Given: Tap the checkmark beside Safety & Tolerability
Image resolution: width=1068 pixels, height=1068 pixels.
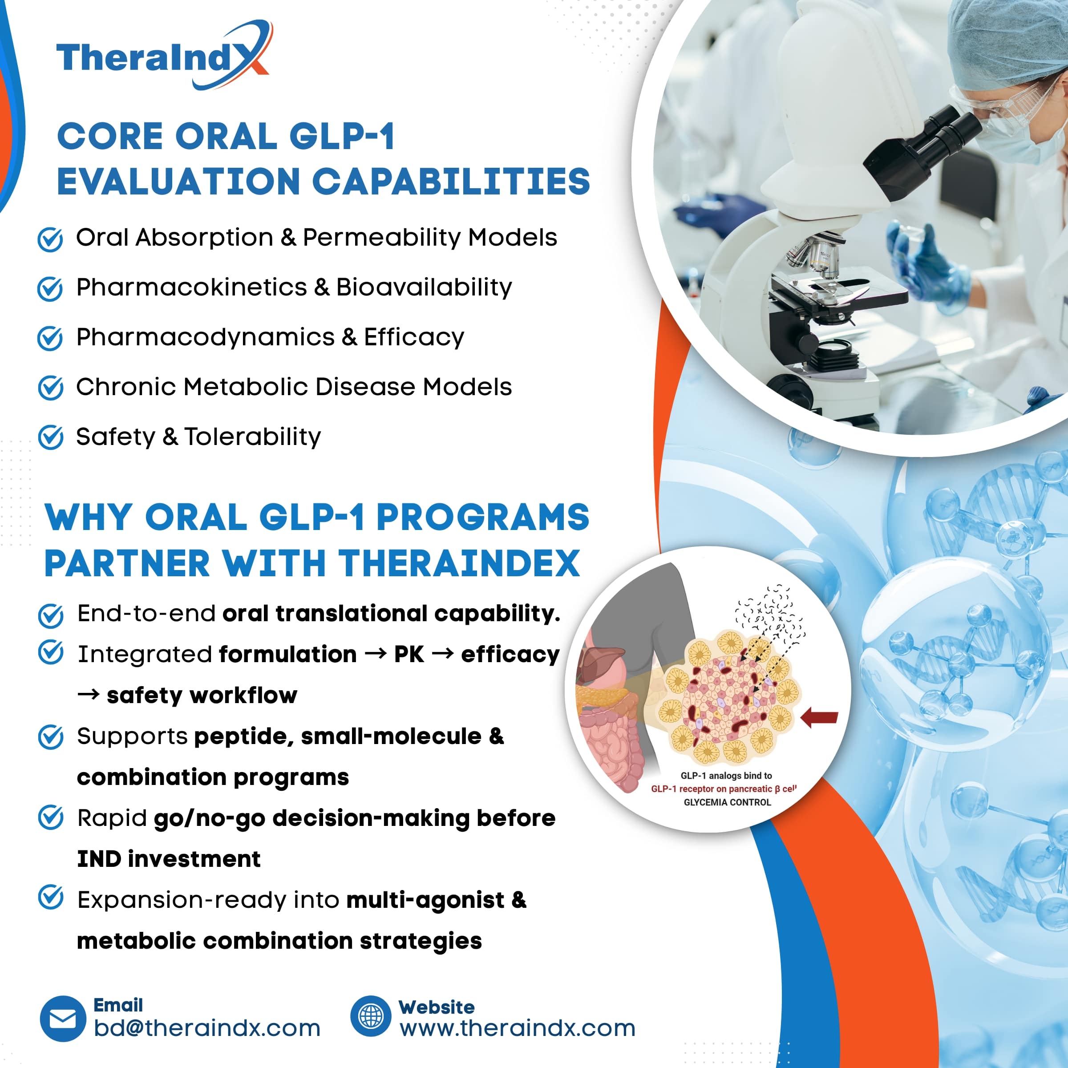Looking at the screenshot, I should [50, 437].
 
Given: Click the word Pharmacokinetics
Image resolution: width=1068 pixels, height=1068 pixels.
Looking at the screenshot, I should [191, 287].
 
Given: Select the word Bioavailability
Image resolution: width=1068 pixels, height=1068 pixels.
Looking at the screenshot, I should [424, 287].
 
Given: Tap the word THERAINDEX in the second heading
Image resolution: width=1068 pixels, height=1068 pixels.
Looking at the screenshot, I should [459, 563].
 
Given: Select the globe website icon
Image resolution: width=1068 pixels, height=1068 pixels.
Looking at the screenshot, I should [370, 1016].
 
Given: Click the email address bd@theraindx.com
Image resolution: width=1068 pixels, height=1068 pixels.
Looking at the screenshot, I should [207, 1028].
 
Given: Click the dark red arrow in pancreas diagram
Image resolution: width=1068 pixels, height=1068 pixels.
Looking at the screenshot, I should [819, 717].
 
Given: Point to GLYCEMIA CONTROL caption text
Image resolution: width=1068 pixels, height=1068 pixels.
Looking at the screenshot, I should [727, 802].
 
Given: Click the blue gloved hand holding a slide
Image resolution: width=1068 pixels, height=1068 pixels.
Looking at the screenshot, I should [929, 265].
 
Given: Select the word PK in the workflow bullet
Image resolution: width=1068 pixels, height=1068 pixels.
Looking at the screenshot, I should [409, 655].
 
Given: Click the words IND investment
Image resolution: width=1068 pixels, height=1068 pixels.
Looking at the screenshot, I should [169, 859].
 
